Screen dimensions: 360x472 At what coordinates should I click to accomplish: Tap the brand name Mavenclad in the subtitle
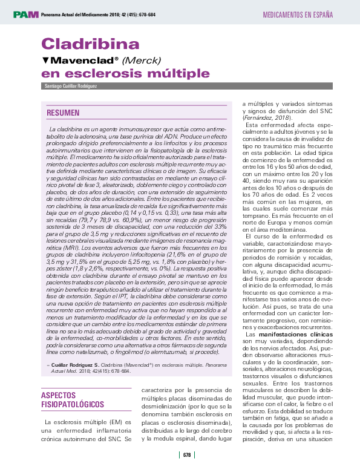tap(84, 61)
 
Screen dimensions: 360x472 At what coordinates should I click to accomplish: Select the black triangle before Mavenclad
tap(45, 61)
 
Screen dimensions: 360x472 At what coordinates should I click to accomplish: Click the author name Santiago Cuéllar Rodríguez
tap(71, 87)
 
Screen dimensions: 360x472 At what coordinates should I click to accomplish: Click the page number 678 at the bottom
tap(187, 455)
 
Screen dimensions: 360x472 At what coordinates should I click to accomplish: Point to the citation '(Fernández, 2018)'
tap(265, 117)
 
